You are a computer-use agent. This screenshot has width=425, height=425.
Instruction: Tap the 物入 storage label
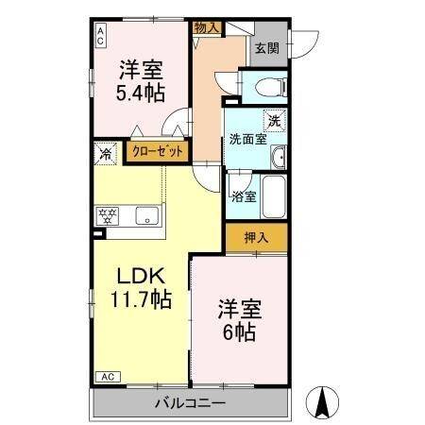click(x=207, y=27)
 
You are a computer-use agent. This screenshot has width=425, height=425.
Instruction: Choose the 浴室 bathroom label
click(x=243, y=196)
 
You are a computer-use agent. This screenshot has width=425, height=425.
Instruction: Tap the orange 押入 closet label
click(x=255, y=237)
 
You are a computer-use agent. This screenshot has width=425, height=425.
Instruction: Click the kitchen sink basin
click(x=146, y=216)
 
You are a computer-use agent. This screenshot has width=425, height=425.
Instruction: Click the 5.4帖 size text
click(x=142, y=91)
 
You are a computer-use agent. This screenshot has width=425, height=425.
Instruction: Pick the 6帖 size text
click(x=240, y=332)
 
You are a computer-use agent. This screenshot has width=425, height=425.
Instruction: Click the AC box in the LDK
click(x=108, y=376)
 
